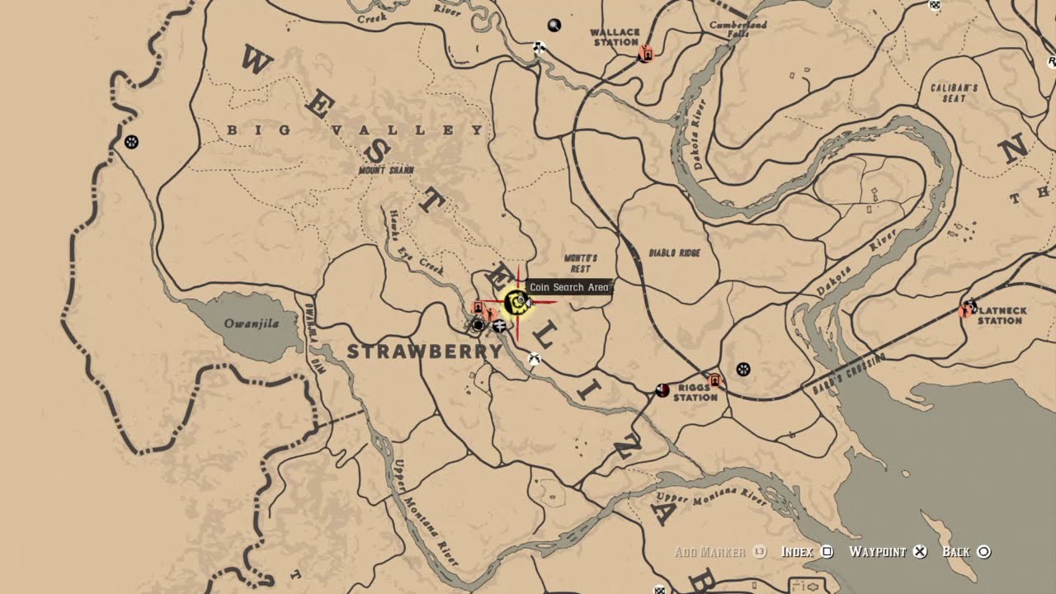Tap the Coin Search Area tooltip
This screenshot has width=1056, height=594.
[569, 287]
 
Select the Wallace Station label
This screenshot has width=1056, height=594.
[615, 37]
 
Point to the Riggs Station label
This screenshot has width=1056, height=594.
[695, 392]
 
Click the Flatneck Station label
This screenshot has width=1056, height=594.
[1001, 315]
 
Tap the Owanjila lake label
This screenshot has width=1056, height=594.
[252, 324]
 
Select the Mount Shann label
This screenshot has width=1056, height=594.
[386, 170]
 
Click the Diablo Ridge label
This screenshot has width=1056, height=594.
[674, 253]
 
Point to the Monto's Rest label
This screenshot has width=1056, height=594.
[580, 263]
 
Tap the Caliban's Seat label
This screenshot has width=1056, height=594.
[954, 92]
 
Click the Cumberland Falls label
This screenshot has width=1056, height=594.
[738, 30]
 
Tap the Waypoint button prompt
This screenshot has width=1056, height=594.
[888, 552]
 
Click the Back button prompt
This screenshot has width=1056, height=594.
[965, 552]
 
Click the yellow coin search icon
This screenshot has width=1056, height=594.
[517, 304]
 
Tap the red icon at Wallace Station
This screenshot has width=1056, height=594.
[646, 54]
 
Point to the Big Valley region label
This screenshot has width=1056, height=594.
[355, 130]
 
